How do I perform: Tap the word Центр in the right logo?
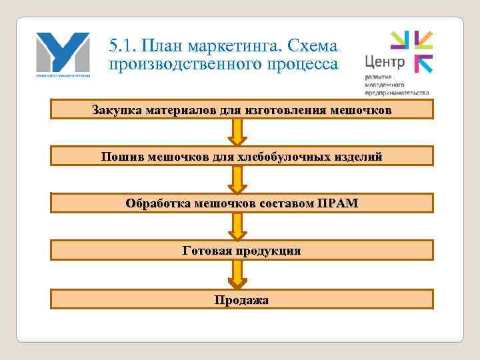(385, 63)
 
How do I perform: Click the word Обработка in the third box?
(157, 203)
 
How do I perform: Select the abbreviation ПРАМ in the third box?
(338, 203)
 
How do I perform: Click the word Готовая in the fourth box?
(206, 251)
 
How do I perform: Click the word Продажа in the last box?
(241, 299)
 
